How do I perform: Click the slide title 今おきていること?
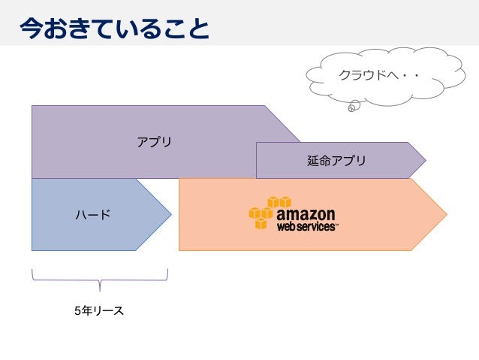point(113,28)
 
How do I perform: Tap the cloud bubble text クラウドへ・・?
point(378,76)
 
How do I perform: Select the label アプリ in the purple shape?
point(154,141)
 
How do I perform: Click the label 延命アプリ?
point(336,161)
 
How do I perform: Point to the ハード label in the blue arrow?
point(92,215)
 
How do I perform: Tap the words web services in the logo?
point(306,225)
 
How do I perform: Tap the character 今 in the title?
point(31,28)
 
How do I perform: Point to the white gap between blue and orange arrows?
point(174,233)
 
